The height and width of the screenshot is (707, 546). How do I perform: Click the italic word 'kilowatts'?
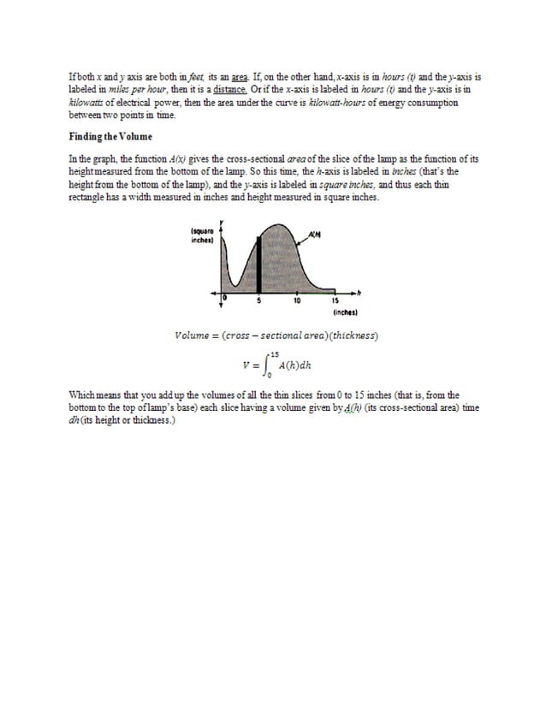tap(90, 102)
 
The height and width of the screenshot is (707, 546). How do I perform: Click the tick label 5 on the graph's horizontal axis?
tap(259, 301)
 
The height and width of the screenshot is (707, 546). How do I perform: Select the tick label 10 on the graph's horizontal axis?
tap(296, 301)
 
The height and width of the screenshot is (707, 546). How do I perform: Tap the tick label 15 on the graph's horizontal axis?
tap(335, 301)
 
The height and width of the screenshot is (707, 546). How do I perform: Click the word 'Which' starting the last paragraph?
tap(80, 395)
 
